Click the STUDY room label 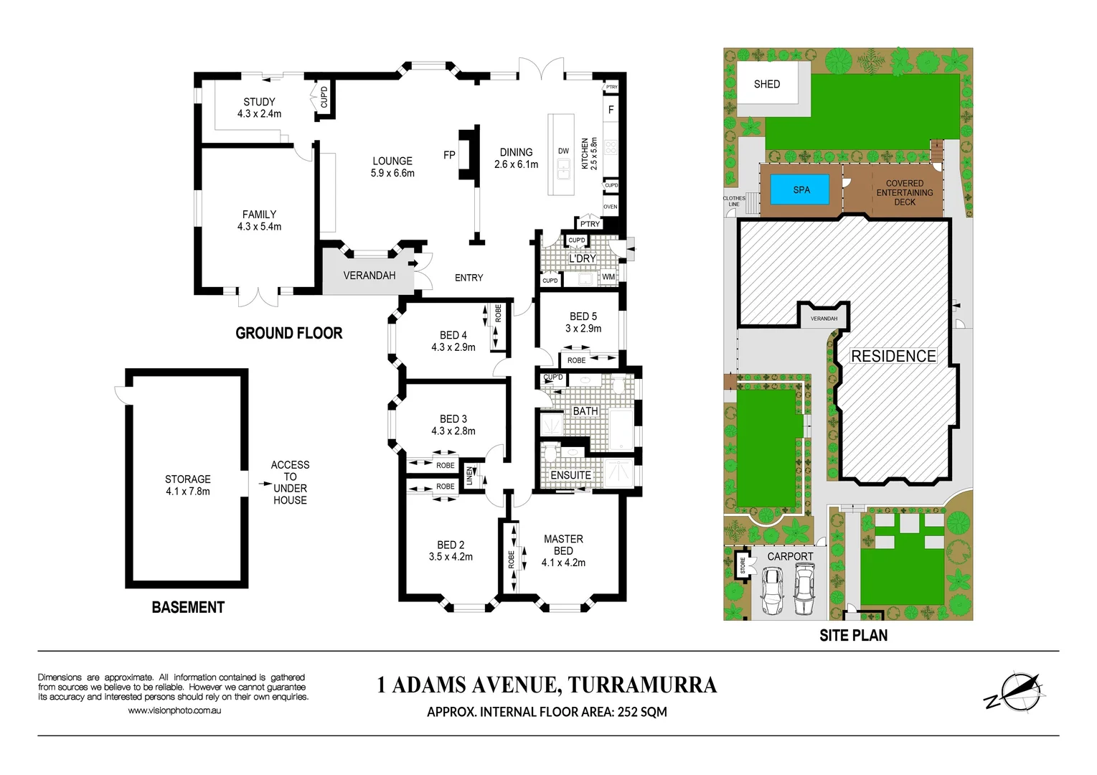(259, 102)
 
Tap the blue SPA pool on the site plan (801, 190)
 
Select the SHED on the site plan (766, 85)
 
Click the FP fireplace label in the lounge (449, 155)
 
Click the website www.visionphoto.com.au (174, 710)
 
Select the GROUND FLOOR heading (289, 333)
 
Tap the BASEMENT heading (188, 608)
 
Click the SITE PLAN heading (853, 636)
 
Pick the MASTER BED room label (563, 545)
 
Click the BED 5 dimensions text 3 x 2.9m (583, 329)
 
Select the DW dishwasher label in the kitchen (563, 151)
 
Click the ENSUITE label (570, 475)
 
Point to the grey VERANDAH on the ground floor (369, 276)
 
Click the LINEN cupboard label (470, 475)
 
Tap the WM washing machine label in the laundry (608, 277)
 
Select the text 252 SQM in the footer (642, 712)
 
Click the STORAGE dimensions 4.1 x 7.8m (188, 492)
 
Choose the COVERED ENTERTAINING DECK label (904, 192)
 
